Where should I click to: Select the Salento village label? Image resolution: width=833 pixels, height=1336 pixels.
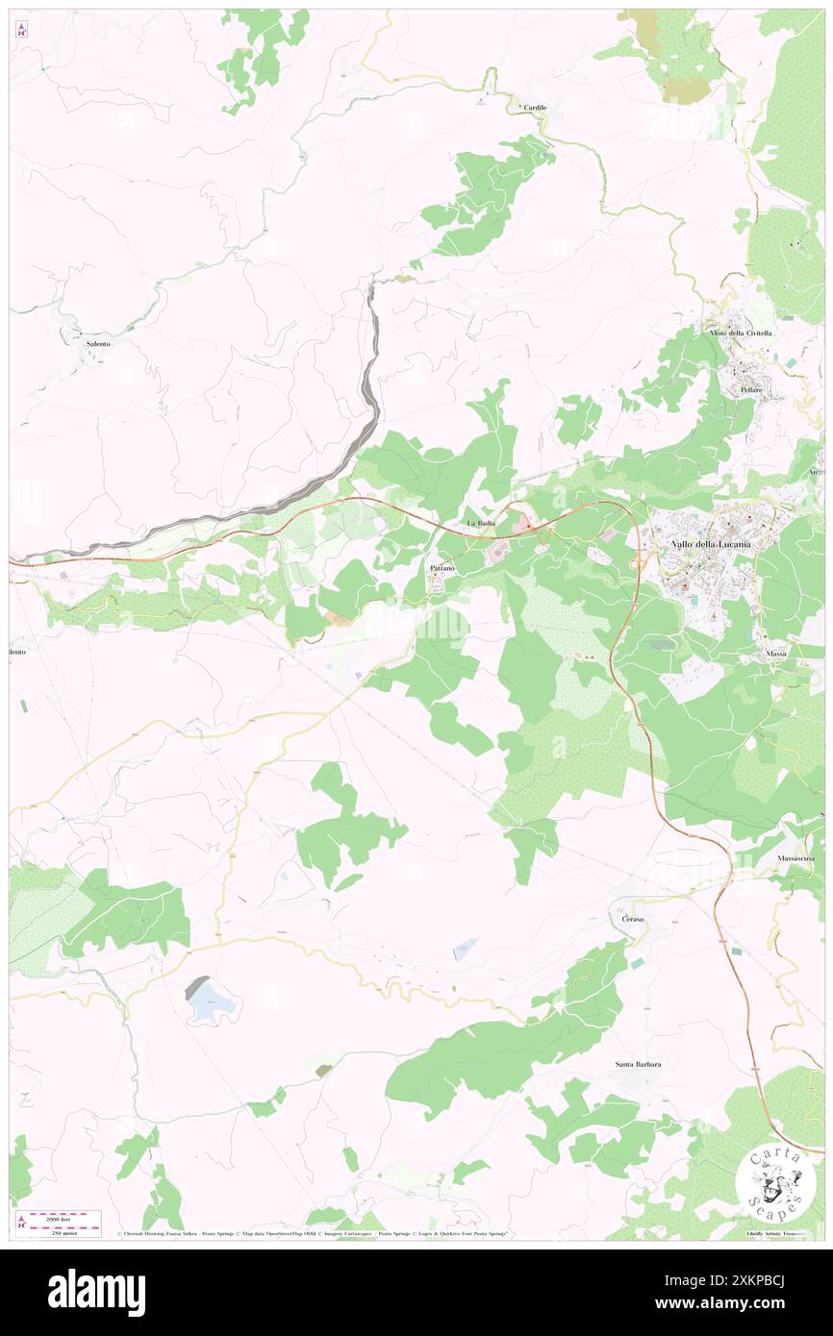pos(98,343)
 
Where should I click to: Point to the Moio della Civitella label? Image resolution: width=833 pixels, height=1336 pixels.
pos(741,333)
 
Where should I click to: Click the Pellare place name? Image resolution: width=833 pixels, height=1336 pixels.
pos(751,390)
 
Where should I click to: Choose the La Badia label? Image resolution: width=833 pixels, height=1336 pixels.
pos(481,523)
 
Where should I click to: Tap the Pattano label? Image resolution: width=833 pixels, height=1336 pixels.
pos(442,568)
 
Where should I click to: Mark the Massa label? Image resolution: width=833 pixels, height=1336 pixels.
pos(776,654)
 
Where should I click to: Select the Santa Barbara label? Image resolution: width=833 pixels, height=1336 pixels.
pos(639,1064)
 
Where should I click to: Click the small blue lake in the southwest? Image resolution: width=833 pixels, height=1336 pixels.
pos(211,1004)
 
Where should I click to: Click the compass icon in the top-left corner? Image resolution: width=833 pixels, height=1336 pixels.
pos(21,30)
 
